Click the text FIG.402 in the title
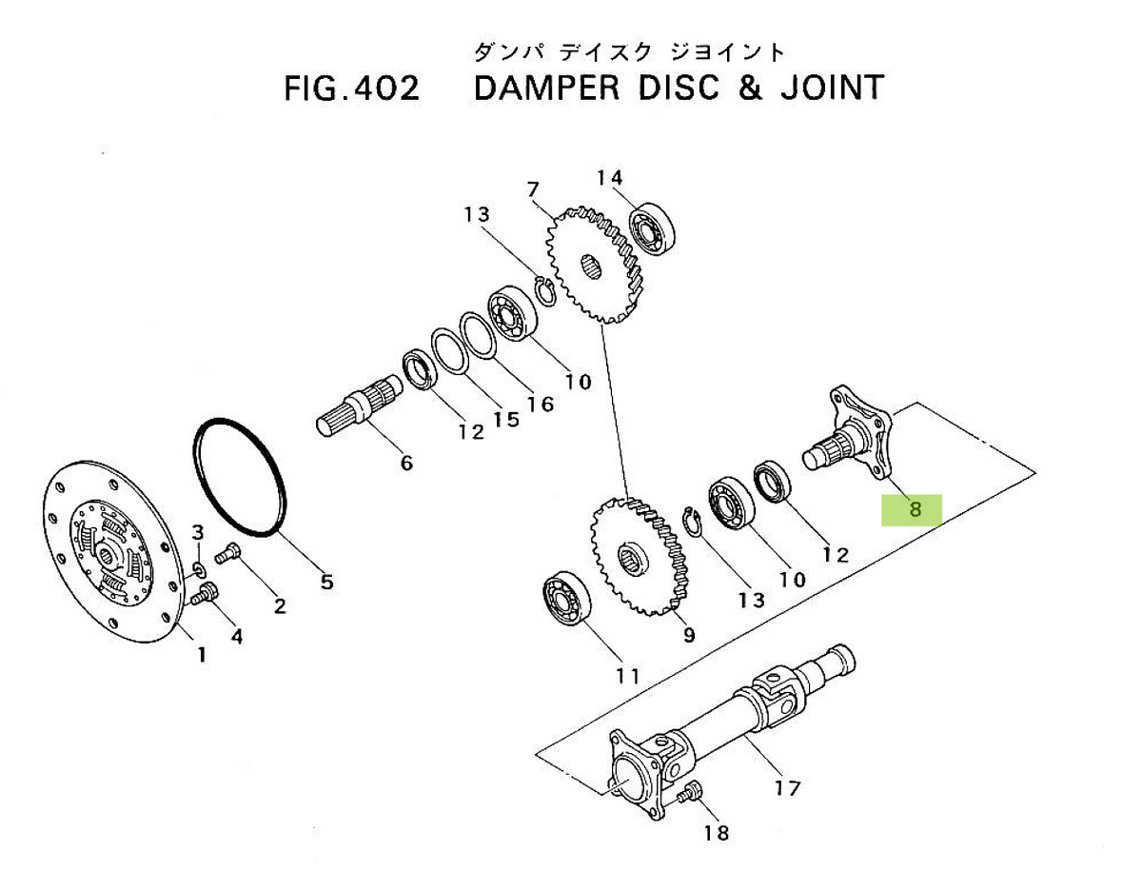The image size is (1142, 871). [351, 89]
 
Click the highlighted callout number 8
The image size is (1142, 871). [915, 510]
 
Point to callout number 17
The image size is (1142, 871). [787, 788]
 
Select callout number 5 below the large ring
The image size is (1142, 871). [326, 582]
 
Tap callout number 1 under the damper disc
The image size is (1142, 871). [201, 654]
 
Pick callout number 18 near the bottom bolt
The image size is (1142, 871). [716, 833]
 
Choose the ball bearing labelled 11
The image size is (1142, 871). [567, 601]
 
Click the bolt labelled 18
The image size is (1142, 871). [691, 793]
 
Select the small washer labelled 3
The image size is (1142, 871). [197, 569]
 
